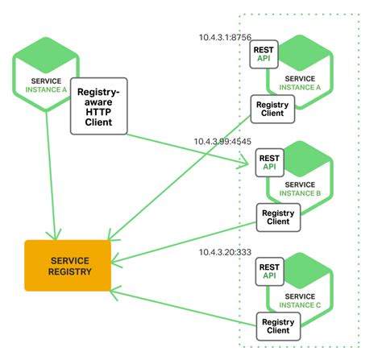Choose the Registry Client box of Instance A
(x=272, y=109)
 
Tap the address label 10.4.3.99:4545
(x=223, y=142)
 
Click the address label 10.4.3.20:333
(x=226, y=252)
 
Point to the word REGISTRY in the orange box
(x=69, y=273)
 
